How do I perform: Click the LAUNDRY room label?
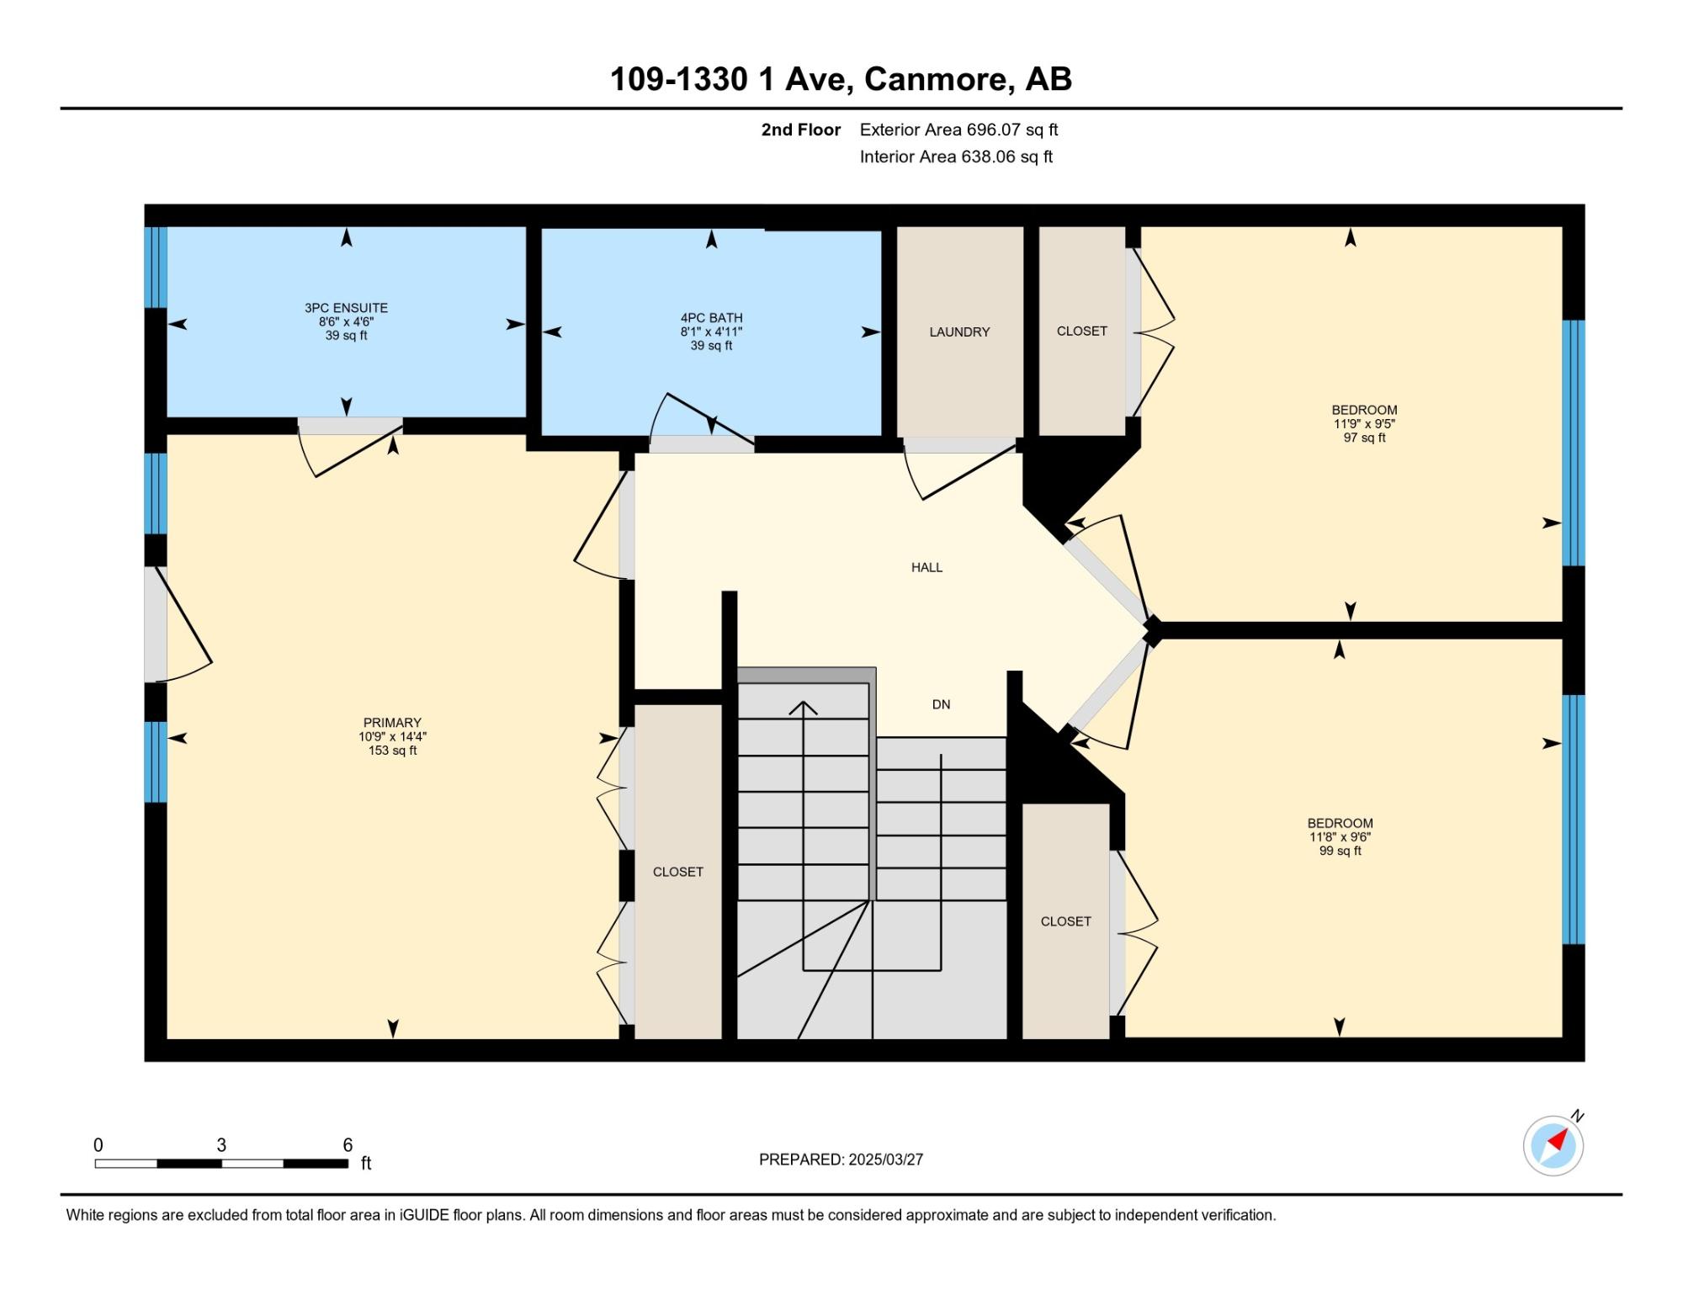tap(959, 332)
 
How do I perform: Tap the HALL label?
tap(926, 568)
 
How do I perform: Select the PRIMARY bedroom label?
tap(392, 723)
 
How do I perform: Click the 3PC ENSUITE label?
tap(346, 308)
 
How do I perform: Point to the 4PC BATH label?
tap(712, 318)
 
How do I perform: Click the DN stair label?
tap(941, 705)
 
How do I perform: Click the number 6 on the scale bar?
tap(348, 1145)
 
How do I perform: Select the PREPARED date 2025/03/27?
tap(885, 1159)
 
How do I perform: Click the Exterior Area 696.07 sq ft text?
tap(958, 130)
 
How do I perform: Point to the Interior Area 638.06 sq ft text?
tap(956, 157)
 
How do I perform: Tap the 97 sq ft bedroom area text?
tap(1364, 438)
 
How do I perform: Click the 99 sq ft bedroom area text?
tap(1340, 851)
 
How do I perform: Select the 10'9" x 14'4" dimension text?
tap(392, 737)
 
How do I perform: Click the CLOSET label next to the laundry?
tap(1081, 332)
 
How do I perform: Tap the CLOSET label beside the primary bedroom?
tap(677, 873)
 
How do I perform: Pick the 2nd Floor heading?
tap(801, 130)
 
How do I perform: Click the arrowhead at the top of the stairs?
tap(804, 708)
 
